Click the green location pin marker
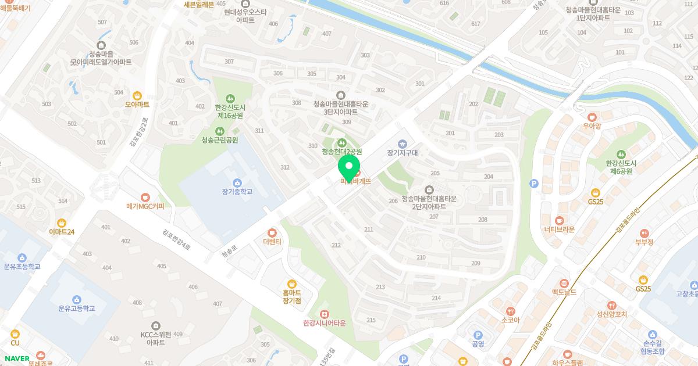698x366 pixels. [x=349, y=166]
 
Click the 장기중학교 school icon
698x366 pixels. [x=236, y=184]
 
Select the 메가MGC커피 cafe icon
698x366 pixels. [x=145, y=198]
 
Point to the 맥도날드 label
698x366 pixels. [x=564, y=292]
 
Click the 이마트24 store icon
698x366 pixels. [x=62, y=223]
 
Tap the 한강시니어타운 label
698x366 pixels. [x=324, y=323]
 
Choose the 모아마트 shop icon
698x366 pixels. [x=137, y=96]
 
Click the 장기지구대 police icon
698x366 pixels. [x=402, y=143]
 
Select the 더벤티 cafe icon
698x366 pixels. [x=272, y=232]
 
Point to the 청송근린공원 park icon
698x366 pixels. [x=219, y=131]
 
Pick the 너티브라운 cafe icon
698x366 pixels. [x=559, y=220]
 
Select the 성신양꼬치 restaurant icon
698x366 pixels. [x=611, y=306]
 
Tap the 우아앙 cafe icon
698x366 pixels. [x=592, y=116]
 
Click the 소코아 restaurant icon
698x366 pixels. [x=510, y=311]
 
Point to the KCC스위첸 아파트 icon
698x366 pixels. [x=155, y=326]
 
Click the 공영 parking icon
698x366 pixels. [x=478, y=335]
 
